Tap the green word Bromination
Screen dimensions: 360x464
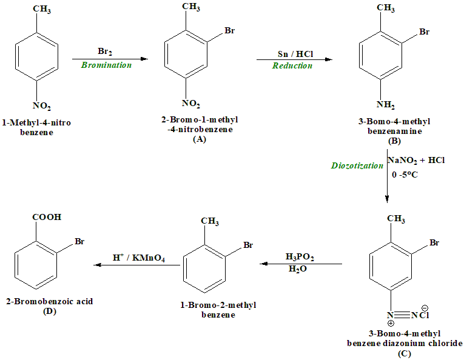[106, 65]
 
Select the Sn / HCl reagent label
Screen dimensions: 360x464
[292, 53]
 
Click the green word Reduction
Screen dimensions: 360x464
[292, 65]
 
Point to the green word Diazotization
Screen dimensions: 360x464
[357, 165]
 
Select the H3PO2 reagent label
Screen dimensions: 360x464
[300, 258]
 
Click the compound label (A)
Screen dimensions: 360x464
[199, 139]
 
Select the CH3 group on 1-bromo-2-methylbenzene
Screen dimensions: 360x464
[209, 222]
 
